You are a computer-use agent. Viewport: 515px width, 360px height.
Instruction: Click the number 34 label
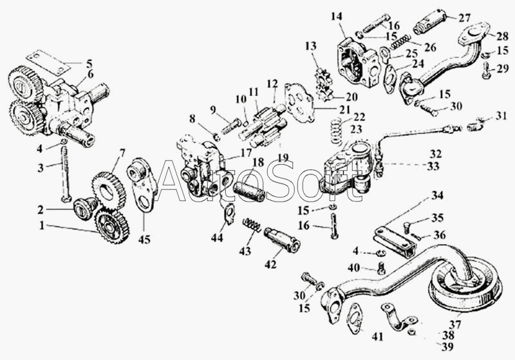(437, 195)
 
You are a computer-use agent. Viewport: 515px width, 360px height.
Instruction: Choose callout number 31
(501, 115)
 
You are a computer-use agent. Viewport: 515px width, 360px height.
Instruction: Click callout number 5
(89, 63)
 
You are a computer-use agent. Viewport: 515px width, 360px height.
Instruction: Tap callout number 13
(312, 46)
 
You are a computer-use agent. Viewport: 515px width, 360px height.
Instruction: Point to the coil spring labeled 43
(252, 226)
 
